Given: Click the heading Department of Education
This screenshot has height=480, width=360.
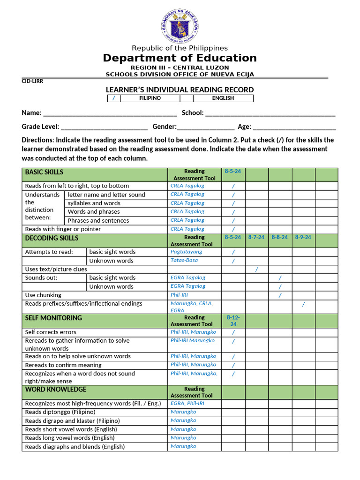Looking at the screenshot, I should click(180, 58).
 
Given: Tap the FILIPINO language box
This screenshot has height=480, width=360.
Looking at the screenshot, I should click(150, 98).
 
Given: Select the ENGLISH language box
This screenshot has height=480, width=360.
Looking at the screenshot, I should click(223, 98).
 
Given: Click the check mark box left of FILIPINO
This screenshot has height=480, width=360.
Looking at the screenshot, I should click(114, 98).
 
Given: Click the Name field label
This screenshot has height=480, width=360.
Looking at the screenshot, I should click(31, 113).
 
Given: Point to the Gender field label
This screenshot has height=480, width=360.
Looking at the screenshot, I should click(164, 127).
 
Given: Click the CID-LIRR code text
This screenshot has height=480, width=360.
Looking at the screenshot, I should click(32, 81).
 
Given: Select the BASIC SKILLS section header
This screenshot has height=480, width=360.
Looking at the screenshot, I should click(44, 172).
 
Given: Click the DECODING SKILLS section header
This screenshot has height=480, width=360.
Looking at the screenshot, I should click(52, 238).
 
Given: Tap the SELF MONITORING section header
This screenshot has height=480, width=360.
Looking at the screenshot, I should click(53, 318).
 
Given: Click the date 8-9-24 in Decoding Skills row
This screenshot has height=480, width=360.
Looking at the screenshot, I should click(303, 238).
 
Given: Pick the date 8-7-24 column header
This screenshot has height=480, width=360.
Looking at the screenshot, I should click(256, 238).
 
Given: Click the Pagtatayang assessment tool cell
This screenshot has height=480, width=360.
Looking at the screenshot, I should click(187, 252).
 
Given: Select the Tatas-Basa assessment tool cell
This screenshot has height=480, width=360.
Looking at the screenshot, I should click(184, 260).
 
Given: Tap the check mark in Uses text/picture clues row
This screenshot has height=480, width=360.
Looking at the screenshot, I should click(256, 269).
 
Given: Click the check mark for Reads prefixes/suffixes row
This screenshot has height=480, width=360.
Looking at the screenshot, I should click(303, 304).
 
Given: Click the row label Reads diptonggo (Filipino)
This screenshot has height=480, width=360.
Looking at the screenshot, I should click(60, 412).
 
